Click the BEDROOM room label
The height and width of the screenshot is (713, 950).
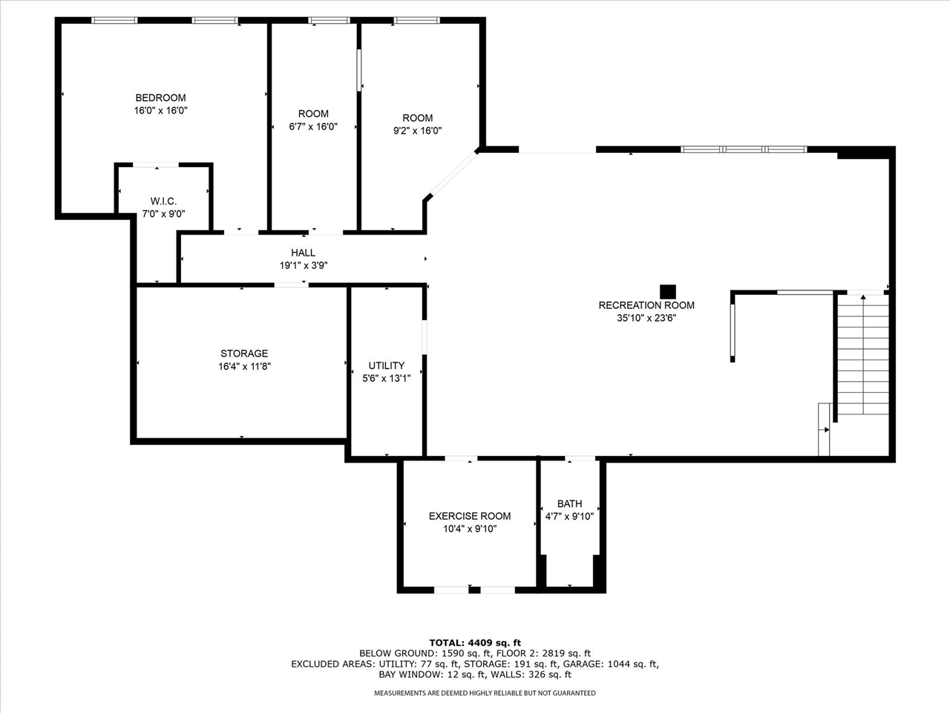click(160, 98)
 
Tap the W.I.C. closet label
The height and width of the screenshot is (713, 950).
click(163, 201)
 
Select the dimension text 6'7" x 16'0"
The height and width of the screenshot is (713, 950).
click(313, 127)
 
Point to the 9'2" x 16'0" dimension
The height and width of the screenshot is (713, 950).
click(417, 131)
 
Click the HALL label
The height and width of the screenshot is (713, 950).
click(303, 253)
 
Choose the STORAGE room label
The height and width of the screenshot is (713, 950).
click(244, 354)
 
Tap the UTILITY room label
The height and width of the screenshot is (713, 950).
click(387, 365)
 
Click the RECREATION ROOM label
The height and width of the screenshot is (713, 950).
click(646, 305)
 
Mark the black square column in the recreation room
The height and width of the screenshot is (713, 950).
click(667, 292)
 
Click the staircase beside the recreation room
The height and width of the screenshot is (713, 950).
click(863, 354)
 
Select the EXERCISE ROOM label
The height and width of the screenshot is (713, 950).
click(470, 516)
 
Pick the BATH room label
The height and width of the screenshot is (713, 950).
click(569, 504)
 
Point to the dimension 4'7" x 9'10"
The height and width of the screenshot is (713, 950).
click(569, 516)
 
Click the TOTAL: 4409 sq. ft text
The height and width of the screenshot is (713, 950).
click(475, 643)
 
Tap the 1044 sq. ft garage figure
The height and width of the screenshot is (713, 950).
click(634, 664)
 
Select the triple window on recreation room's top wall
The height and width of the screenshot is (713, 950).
click(744, 149)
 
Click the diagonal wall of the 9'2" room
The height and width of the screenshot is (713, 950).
click(452, 174)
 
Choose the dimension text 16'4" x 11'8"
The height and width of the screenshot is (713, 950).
click(244, 367)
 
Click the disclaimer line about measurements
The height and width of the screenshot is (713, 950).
click(485, 693)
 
